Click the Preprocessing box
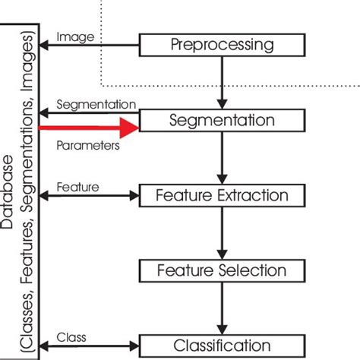point(220,45)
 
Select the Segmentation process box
point(220,120)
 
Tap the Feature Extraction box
point(220,195)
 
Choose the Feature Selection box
point(220,270)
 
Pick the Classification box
point(220,345)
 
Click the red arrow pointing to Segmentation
point(91,128)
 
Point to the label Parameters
point(88,145)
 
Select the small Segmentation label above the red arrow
point(96,104)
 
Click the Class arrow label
point(72,336)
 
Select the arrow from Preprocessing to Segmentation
point(220,83)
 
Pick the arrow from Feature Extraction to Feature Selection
point(220,233)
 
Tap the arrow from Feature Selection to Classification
point(220,308)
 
